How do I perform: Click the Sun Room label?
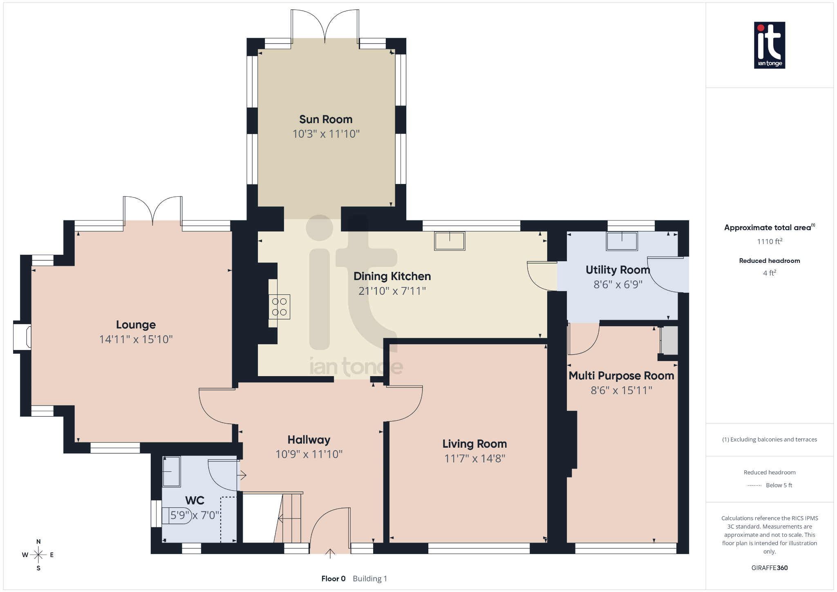(326, 119)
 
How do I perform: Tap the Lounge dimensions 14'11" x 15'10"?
(136, 339)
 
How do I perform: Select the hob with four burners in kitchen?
(280, 307)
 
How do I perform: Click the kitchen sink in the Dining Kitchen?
(450, 241)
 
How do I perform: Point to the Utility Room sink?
(622, 241)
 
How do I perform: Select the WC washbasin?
(171, 471)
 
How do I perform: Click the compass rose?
(38, 555)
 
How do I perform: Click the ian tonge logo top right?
(769, 45)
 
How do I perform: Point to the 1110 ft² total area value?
(769, 242)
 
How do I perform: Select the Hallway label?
(309, 440)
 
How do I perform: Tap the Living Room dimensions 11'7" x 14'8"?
(474, 459)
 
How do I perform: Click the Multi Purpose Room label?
(621, 376)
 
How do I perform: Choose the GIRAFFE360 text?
(769, 568)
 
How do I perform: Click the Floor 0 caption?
(333, 579)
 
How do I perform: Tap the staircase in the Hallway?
(291, 518)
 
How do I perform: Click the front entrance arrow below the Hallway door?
(330, 554)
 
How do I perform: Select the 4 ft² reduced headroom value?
(769, 273)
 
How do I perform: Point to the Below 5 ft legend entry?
(779, 485)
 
